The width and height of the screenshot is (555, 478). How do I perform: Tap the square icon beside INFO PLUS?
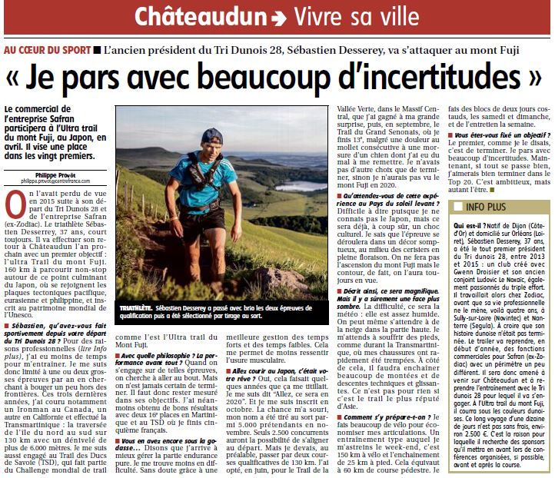[x=459, y=207]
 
